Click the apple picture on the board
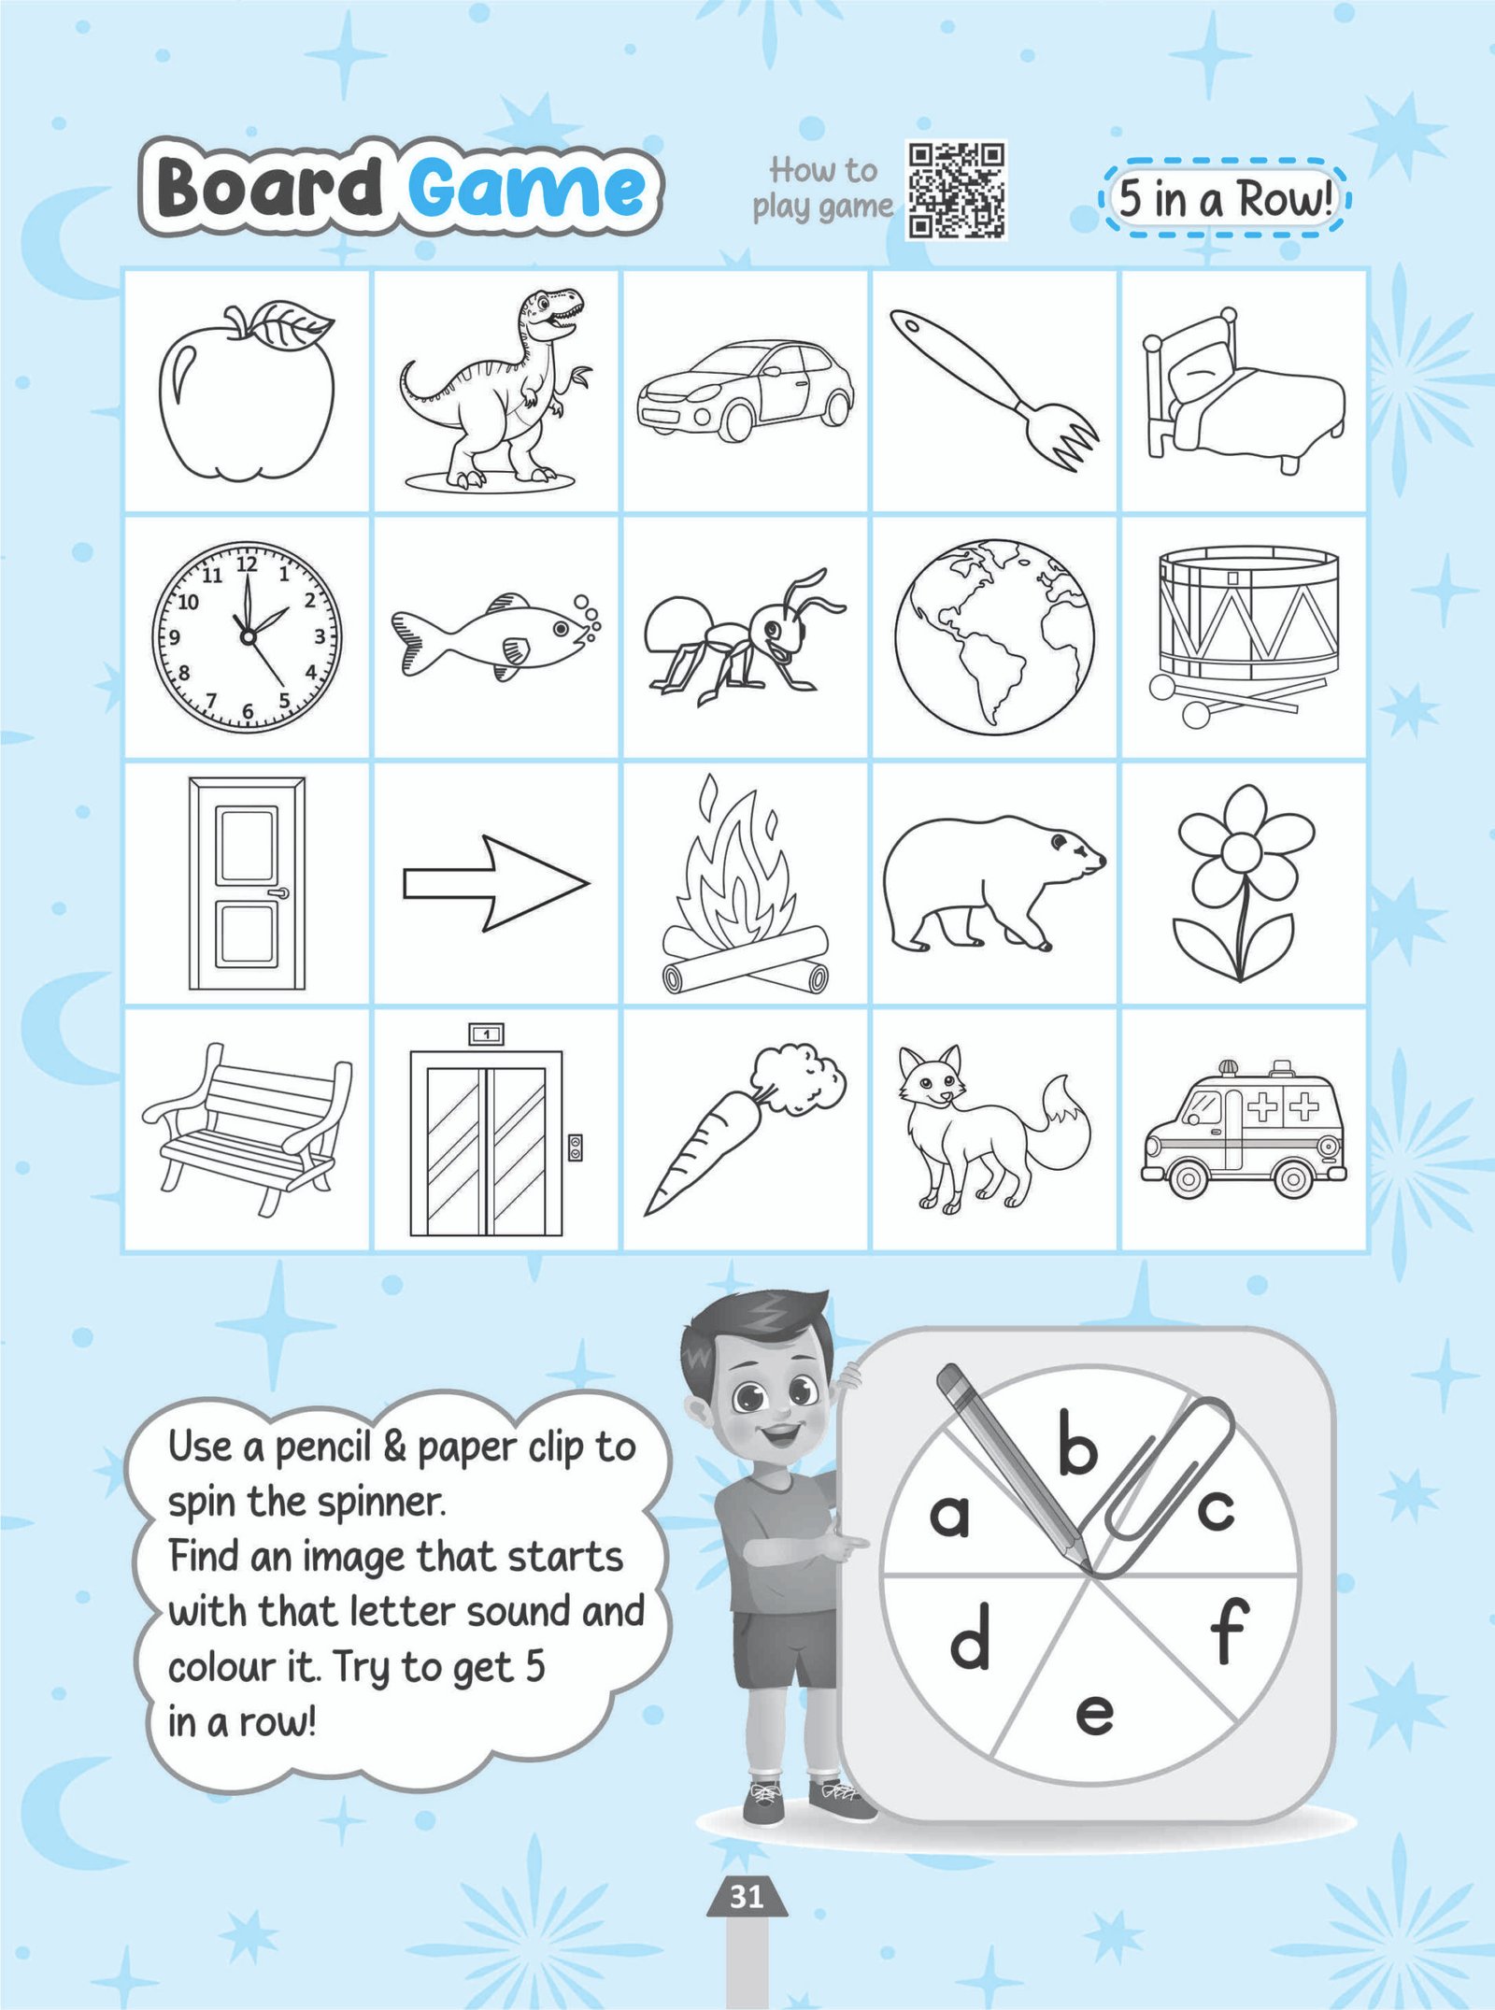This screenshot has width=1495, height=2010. tap(248, 392)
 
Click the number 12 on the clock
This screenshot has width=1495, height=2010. tap(247, 563)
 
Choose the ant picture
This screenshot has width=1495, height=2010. tap(745, 637)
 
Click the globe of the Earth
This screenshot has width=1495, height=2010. tap(994, 635)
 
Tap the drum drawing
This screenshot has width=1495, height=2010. tap(1244, 635)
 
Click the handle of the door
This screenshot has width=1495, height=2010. tap(278, 893)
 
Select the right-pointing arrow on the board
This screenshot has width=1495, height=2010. tap(496, 883)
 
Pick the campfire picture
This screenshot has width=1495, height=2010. tap(745, 884)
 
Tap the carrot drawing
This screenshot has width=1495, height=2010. tap(745, 1129)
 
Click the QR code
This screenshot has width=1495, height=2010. tap(956, 190)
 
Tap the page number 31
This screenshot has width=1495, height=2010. tap(746, 1896)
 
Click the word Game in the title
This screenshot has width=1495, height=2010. tap(526, 187)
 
